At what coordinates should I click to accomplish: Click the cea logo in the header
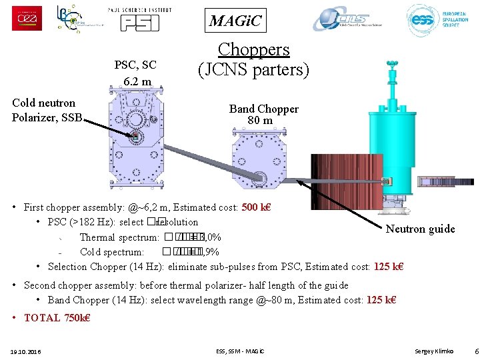coord(27,18)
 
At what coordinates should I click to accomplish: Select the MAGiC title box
coord(236,21)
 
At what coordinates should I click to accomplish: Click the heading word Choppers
coord(253,49)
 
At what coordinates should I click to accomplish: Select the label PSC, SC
coord(135,65)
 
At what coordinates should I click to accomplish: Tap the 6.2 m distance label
coord(137,82)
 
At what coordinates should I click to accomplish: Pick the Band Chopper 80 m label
coord(263,114)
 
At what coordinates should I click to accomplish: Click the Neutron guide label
coord(420,229)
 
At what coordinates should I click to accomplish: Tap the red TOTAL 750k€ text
coord(57,317)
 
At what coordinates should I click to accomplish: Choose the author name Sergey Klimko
coord(434,351)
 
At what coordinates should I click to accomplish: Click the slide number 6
coord(474,351)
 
